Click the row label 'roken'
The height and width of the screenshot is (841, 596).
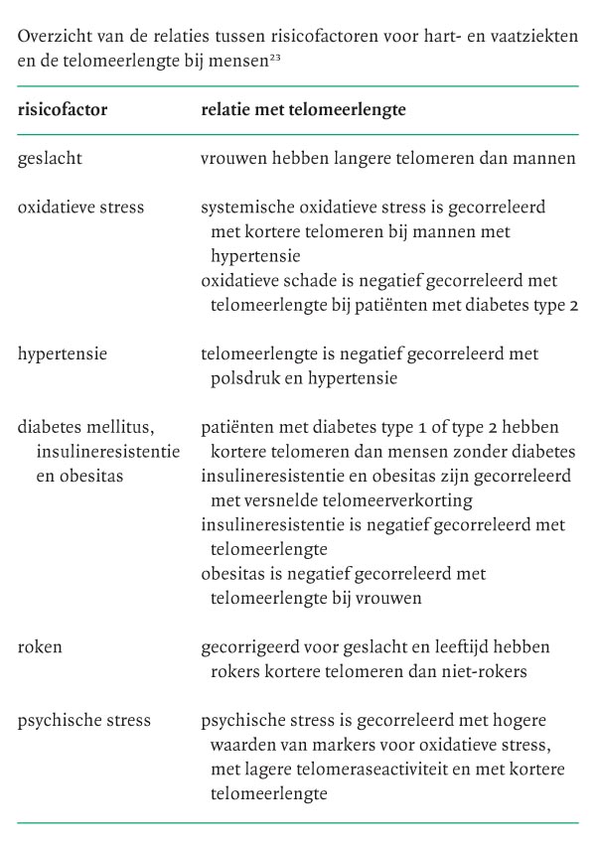coord(40,646)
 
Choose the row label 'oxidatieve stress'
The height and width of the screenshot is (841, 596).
coord(80,208)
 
